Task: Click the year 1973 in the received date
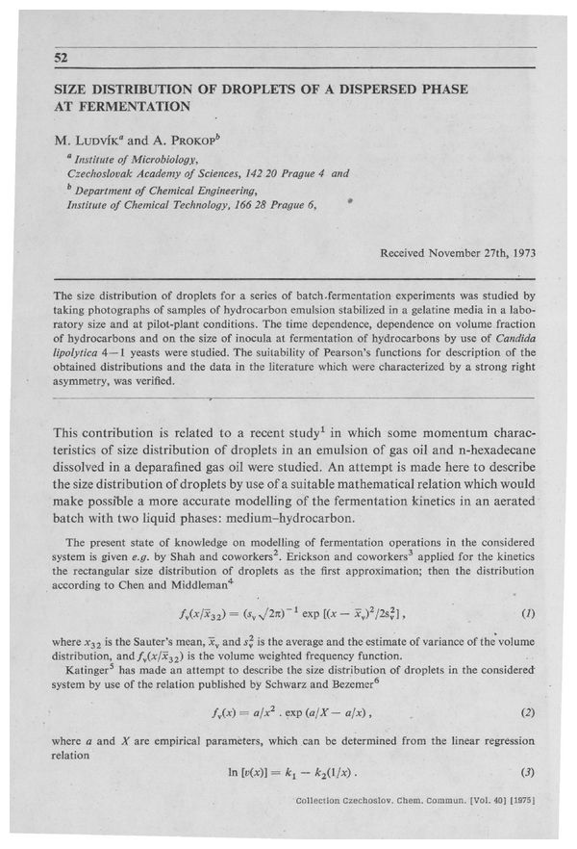click(519, 254)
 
